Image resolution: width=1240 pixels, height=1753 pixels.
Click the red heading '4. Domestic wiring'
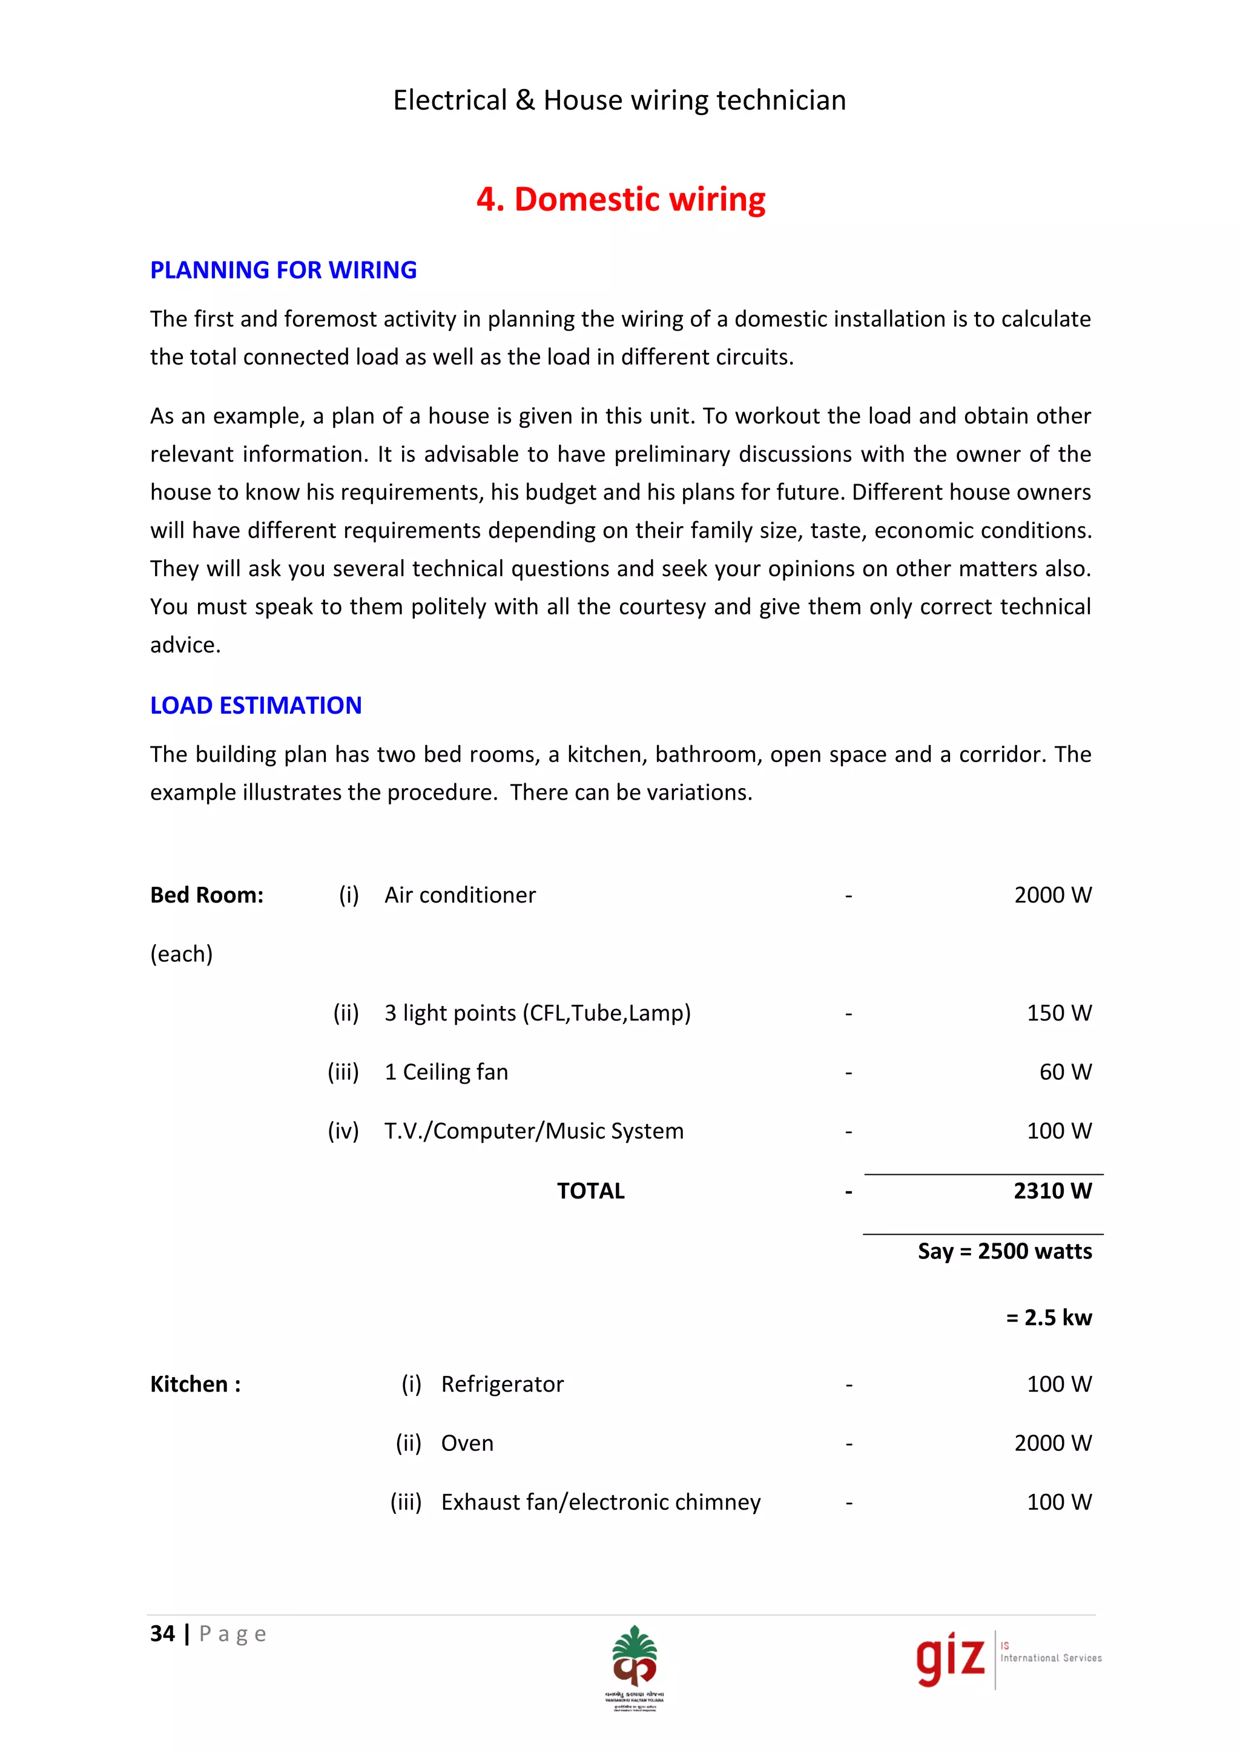click(620, 199)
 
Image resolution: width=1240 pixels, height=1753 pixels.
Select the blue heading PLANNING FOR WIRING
click(283, 271)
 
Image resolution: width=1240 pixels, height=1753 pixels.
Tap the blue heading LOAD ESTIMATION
click(256, 705)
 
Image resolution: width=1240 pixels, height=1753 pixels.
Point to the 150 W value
click(1058, 1013)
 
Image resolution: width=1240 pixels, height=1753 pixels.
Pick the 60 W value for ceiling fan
click(1064, 1072)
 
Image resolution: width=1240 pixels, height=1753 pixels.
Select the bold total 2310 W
click(1052, 1191)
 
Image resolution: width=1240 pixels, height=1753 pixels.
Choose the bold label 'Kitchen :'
click(196, 1384)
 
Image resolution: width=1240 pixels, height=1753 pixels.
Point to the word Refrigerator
click(502, 1384)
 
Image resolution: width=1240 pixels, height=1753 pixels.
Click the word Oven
click(467, 1443)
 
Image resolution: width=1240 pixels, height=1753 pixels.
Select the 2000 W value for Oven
click(1052, 1443)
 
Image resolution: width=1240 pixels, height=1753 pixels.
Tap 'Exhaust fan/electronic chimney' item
click(600, 1502)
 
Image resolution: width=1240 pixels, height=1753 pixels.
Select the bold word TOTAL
click(590, 1191)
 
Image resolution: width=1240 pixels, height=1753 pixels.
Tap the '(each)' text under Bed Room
click(182, 953)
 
